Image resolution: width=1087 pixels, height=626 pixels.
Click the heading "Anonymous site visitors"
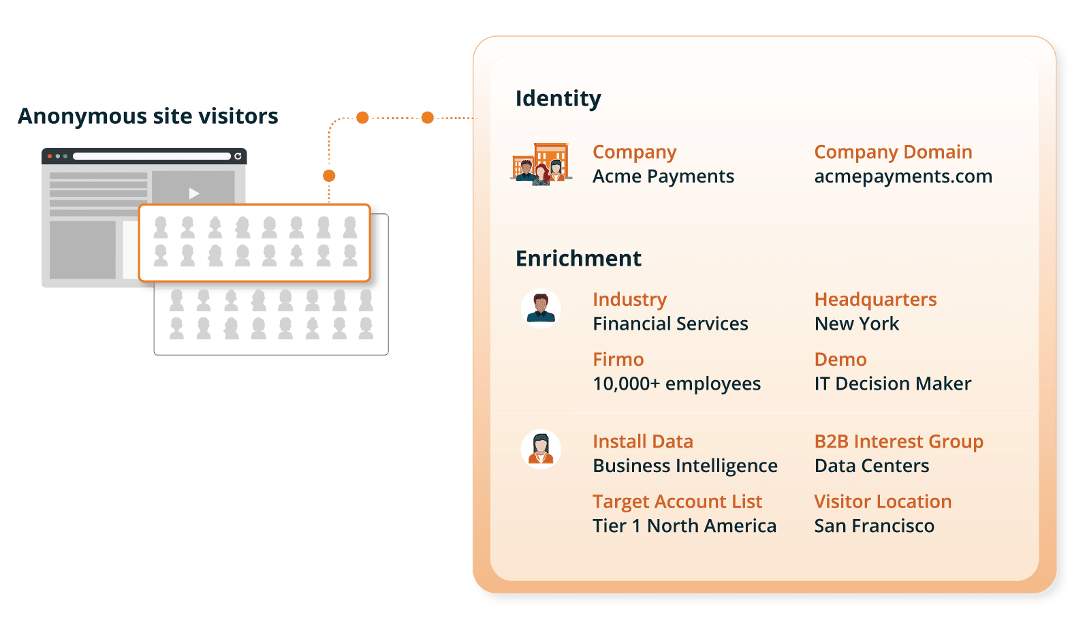pos(148,116)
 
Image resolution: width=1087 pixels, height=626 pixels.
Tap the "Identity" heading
pos(558,99)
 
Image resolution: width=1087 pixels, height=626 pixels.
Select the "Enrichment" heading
pos(578,258)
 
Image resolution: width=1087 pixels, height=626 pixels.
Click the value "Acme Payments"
pos(663,176)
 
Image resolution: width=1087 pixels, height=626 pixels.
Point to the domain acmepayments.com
pos(903,176)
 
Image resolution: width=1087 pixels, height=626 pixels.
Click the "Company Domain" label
pos(894,153)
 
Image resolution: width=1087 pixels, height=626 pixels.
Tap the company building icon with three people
pos(541,163)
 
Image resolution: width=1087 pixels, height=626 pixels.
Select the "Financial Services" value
pos(671,324)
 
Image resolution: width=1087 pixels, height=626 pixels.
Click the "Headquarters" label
pos(875,300)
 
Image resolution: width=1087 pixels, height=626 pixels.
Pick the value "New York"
pos(857,324)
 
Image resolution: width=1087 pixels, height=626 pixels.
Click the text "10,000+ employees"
pos(677,384)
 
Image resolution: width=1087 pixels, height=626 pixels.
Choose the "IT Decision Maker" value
pos(893,384)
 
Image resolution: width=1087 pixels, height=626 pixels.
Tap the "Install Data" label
pos(643,441)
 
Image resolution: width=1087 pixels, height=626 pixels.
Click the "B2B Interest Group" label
pos(899,441)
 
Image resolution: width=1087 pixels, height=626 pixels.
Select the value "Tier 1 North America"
pos(684,526)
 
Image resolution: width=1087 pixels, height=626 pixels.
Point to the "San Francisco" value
pos(875,526)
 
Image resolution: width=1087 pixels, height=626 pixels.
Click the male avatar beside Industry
pos(541,309)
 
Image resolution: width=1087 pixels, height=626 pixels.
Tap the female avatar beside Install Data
pos(541,450)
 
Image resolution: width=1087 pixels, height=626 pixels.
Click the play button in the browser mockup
pos(193,193)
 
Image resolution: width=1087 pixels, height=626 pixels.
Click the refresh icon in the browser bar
pos(238,156)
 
